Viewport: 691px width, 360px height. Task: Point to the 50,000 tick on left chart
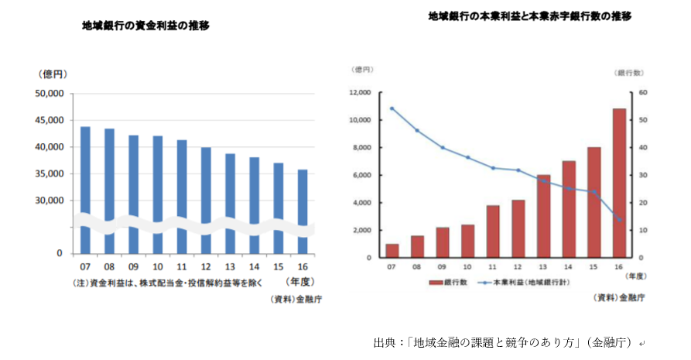(x=50, y=94)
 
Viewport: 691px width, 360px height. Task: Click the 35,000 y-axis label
(x=50, y=174)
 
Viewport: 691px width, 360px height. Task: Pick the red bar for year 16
(x=619, y=183)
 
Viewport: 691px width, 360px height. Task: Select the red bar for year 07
(x=392, y=250)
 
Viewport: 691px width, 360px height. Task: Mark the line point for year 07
(x=392, y=108)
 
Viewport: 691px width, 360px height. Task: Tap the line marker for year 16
(x=619, y=219)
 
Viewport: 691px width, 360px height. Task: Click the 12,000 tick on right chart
(x=360, y=93)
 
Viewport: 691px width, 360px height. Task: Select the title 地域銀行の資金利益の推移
(x=146, y=26)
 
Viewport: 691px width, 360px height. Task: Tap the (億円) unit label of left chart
(x=53, y=74)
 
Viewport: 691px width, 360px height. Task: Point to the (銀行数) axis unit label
(x=630, y=73)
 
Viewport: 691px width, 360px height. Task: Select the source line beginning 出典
(x=508, y=342)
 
